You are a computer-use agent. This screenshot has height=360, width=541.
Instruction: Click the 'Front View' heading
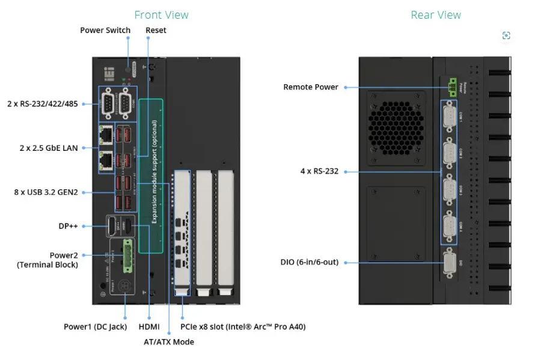point(161,15)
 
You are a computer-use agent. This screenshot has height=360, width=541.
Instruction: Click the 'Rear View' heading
point(436,15)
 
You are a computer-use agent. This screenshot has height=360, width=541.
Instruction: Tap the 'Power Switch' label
point(105,30)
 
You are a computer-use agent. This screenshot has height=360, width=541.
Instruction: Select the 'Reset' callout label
point(156,30)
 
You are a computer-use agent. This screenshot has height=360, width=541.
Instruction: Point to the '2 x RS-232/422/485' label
point(42,103)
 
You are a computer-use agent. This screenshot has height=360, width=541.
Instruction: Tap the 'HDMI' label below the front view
point(148,327)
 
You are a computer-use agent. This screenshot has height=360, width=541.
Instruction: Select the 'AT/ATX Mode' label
point(168,342)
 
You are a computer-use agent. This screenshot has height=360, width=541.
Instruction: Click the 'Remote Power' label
point(310,87)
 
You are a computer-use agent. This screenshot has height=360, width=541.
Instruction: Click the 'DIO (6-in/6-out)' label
point(309,262)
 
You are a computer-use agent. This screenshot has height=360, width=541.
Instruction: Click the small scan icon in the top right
point(506,36)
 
